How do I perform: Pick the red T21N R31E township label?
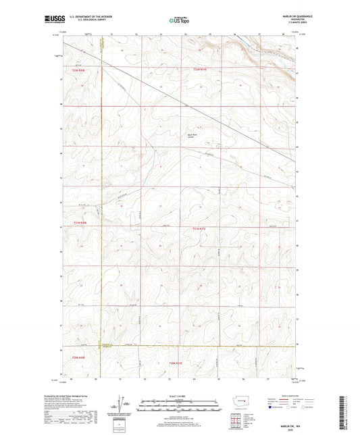tap(198, 229)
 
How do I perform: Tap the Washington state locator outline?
tap(241, 401)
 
